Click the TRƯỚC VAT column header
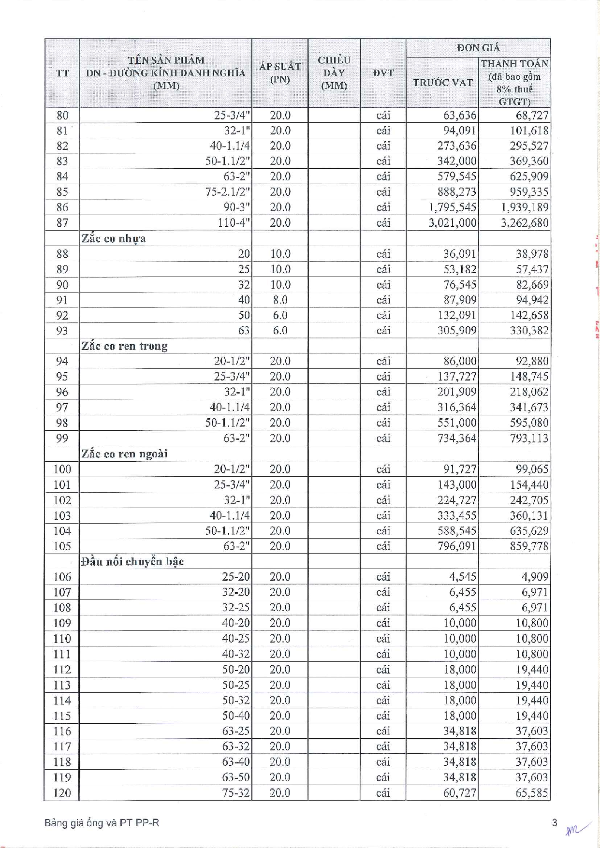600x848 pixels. coord(442,83)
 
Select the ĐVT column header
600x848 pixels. coord(383,73)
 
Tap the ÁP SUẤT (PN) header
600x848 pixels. coord(280,73)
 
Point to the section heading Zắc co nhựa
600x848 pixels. coord(114,238)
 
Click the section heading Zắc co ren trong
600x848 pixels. coord(125,346)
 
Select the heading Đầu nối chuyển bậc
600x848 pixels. coord(132,561)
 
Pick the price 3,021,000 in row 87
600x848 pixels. coord(453,223)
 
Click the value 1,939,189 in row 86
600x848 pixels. coord(525,207)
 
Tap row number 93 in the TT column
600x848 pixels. coord(62,331)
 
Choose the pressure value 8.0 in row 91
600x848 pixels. coord(280,300)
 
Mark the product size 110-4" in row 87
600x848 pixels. coord(234,223)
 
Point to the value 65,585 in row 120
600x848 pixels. coord(532,793)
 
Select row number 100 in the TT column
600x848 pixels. coord(62,469)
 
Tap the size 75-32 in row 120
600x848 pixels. coord(236,793)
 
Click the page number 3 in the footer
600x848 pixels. coord(555,822)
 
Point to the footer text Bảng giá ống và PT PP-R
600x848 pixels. coord(102,823)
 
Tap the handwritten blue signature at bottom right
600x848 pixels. coord(576,830)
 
